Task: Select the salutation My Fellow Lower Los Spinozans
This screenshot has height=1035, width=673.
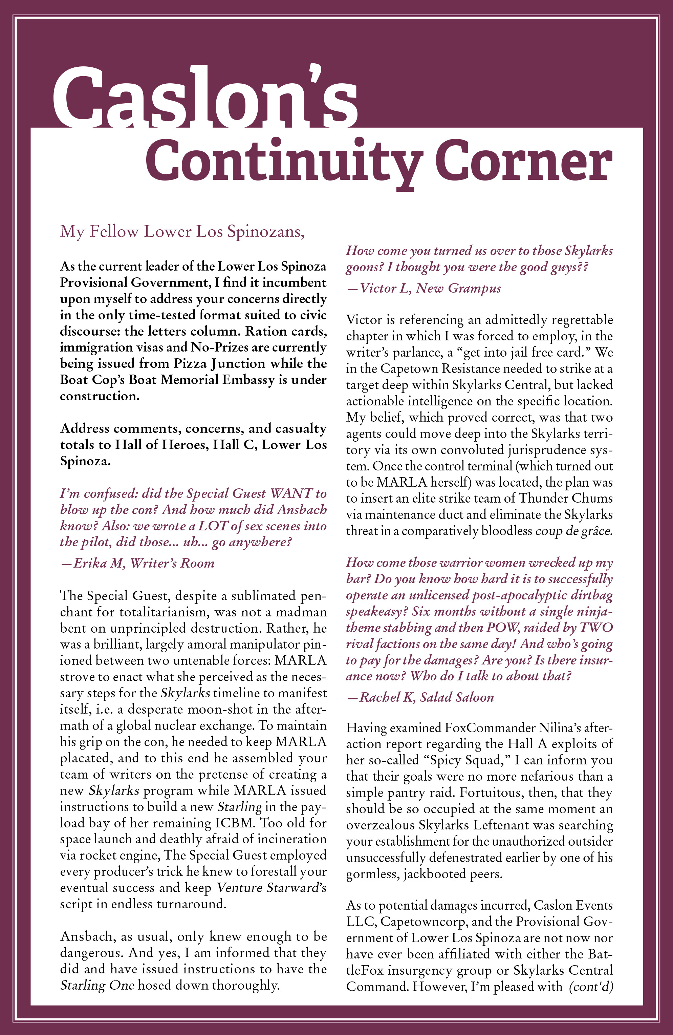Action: [182, 231]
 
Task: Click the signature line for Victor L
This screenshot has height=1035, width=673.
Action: [424, 288]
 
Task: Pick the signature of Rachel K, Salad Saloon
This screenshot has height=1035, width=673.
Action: [420, 698]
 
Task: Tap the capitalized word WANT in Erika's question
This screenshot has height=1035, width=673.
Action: [291, 493]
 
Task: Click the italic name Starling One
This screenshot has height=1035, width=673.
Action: [97, 985]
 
